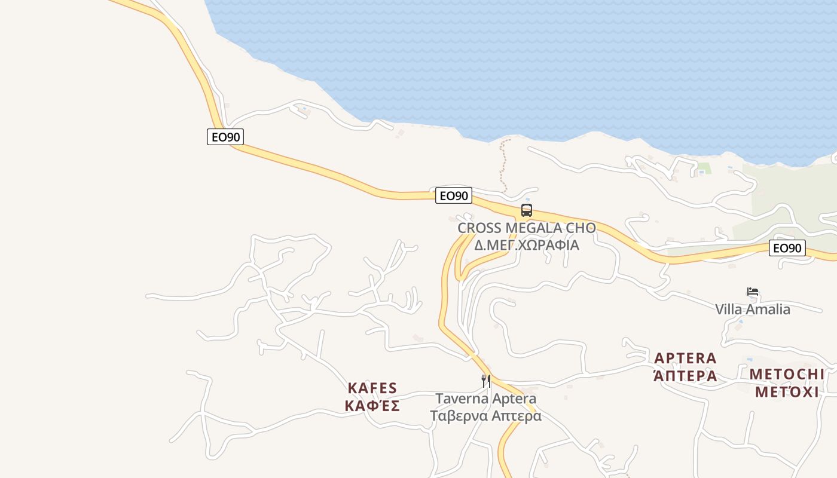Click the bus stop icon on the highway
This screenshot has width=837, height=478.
526,210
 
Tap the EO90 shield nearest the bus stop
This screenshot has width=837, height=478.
454,195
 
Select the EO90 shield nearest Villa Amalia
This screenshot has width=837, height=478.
787,248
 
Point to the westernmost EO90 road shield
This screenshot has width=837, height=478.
225,137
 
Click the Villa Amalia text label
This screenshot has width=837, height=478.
753,310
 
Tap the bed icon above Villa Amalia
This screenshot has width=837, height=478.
753,292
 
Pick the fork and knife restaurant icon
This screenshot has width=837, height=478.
486,381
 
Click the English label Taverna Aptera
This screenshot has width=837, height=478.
485,399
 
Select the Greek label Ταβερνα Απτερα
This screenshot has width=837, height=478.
485,416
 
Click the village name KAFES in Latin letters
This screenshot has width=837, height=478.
372,388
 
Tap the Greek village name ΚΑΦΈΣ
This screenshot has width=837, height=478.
372,406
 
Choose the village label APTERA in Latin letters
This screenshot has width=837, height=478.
685,358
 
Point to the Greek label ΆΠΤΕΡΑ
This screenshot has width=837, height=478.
685,376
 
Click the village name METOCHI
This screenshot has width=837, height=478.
787,375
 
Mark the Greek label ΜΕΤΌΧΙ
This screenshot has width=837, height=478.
787,392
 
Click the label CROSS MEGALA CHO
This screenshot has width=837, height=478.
526,228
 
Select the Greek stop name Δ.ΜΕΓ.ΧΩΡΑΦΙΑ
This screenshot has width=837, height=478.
526,245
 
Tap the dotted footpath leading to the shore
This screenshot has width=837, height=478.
503,164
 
